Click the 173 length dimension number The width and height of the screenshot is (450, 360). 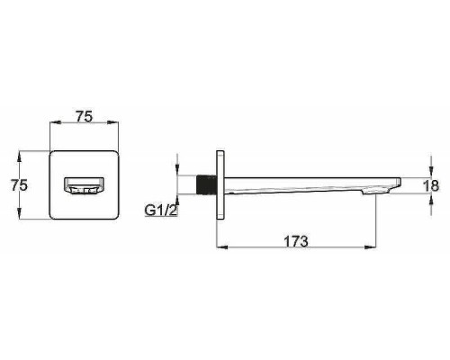[296, 241]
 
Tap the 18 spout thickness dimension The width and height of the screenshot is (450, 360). [431, 185]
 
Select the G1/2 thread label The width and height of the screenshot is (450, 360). [160, 211]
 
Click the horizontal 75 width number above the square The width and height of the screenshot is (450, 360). [84, 116]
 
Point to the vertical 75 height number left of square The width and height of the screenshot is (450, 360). [19, 184]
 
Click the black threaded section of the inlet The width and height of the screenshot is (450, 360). [206, 184]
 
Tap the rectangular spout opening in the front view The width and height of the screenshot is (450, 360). [84, 186]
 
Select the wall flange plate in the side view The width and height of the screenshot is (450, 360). [220, 185]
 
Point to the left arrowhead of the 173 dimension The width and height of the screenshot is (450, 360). [221, 247]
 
